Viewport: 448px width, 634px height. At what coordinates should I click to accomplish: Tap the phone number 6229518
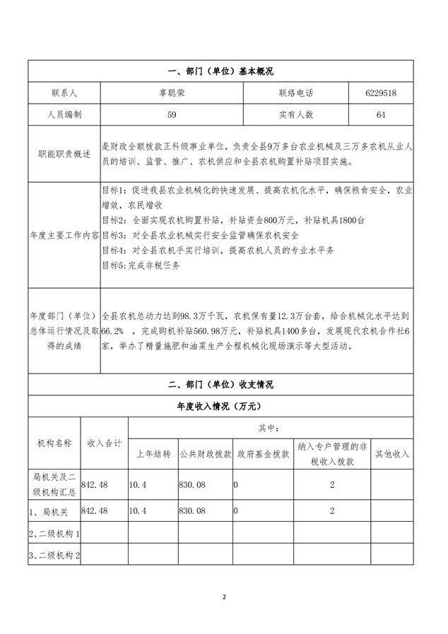381,93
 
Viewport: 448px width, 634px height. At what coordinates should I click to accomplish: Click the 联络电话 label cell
296,93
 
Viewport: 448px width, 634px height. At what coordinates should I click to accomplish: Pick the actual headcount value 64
381,114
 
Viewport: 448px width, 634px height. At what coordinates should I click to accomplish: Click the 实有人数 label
296,114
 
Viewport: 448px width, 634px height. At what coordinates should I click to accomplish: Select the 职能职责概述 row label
64,154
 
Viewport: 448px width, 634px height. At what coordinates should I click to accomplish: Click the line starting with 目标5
141,265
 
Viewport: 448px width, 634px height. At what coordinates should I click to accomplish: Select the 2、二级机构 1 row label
54,533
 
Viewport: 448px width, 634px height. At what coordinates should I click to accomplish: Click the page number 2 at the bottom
224,597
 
